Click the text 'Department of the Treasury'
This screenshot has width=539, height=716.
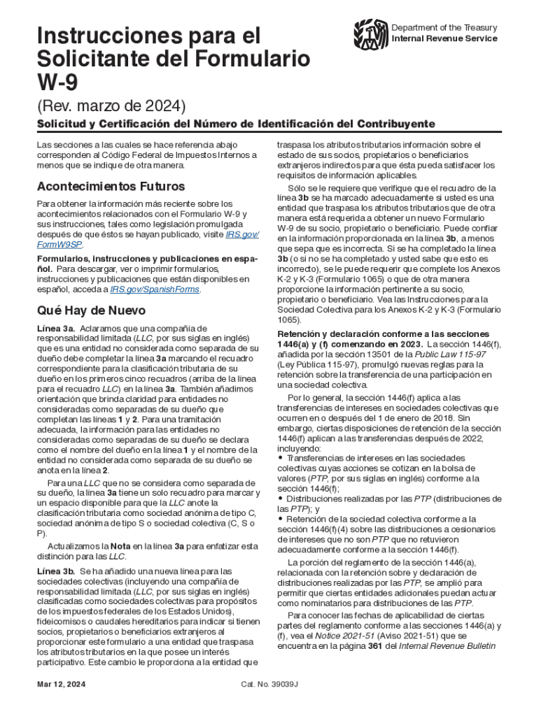coord(444,27)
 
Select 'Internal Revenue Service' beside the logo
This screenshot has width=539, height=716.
coord(444,38)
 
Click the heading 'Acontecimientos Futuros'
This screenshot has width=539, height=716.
coord(111,187)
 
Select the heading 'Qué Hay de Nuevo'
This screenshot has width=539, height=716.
coord(91,310)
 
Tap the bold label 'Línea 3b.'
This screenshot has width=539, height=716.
coord(56,572)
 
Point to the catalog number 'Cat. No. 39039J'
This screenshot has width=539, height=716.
coord(269,683)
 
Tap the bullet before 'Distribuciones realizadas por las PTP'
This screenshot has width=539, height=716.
coord(281,499)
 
